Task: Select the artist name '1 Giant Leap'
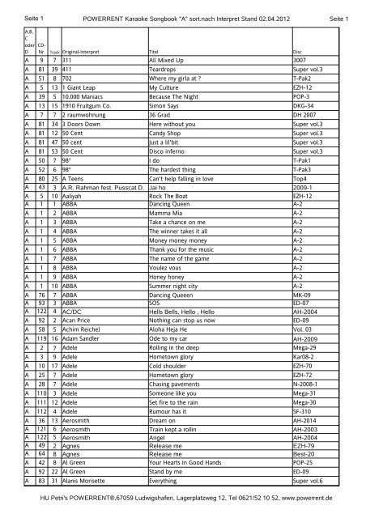(79, 107)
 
